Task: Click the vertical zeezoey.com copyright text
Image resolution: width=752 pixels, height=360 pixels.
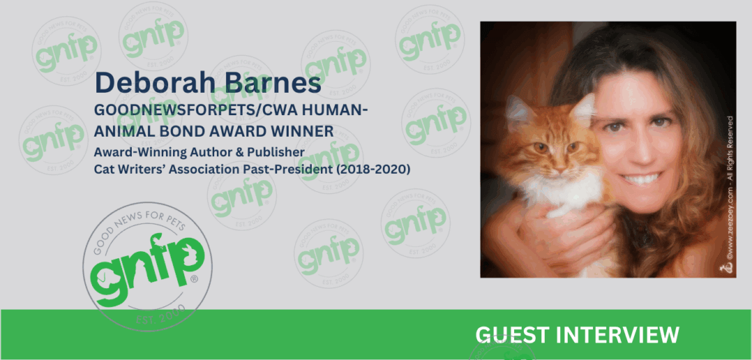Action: (x=729, y=195)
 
